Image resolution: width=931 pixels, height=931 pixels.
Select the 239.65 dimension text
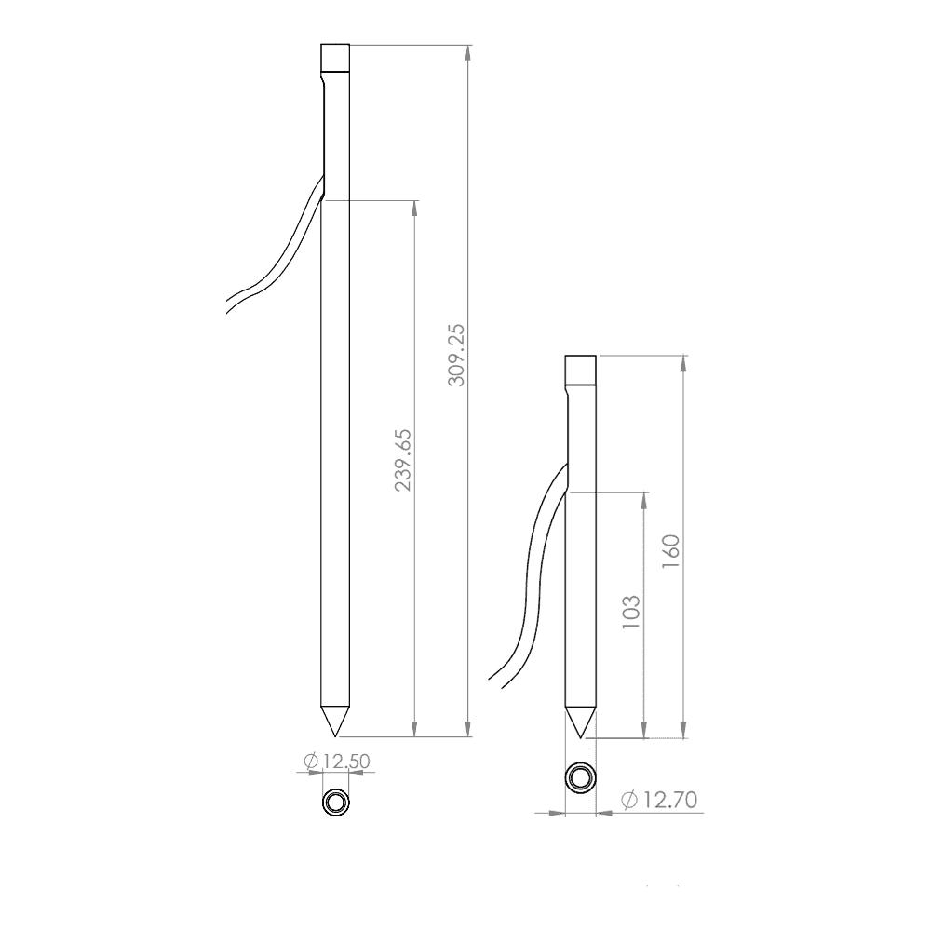pos(404,461)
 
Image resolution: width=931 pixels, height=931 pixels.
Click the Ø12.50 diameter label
pos(337,761)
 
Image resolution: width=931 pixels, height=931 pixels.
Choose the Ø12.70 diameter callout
pos(658,799)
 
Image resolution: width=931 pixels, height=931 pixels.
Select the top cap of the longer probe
pos(335,58)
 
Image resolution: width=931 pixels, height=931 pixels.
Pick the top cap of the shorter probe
pos(581,370)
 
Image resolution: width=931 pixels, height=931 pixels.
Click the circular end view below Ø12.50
pos(335,802)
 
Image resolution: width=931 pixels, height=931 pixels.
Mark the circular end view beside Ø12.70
pos(581,777)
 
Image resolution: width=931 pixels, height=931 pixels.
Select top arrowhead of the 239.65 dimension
pos(415,207)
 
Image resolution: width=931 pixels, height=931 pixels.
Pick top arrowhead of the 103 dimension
pos(643,500)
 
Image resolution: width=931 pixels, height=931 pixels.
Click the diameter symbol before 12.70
pos(627,799)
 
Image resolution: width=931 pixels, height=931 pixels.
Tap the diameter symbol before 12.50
pos(312,761)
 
